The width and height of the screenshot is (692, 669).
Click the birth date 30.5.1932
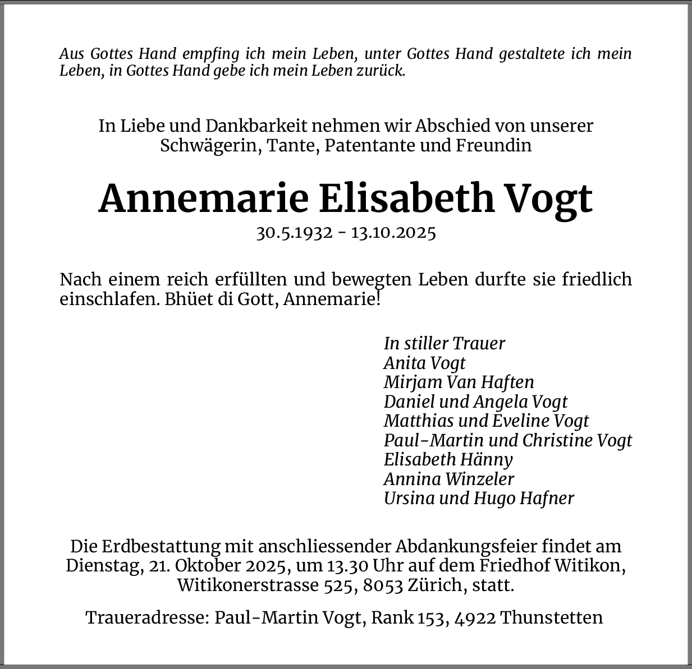[294, 233]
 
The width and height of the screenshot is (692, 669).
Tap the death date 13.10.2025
[393, 233]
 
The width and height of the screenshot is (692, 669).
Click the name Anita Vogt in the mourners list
[424, 363]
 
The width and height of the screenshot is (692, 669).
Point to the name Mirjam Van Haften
[459, 382]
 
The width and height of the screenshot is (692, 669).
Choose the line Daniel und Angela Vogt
[475, 402]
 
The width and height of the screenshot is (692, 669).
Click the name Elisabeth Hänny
[448, 459]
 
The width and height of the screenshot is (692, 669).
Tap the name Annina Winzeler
[448, 479]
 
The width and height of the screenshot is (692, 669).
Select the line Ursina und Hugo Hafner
[479, 498]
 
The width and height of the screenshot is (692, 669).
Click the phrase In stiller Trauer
[444, 343]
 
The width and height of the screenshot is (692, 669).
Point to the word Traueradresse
[147, 617]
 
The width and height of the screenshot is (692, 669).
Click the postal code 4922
[475, 617]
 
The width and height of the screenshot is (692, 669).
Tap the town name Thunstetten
[551, 617]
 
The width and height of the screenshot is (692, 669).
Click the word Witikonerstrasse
[248, 585]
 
